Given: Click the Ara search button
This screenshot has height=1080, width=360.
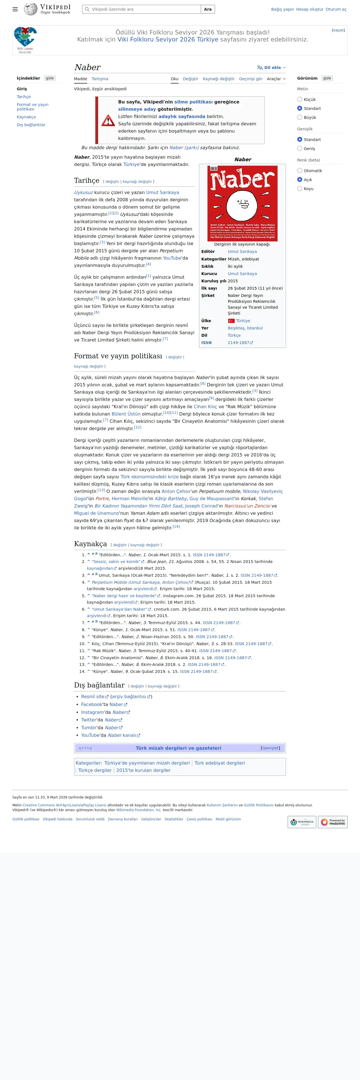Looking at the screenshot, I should click(x=207, y=9).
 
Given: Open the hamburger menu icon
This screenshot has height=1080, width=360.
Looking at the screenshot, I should click(x=15, y=9).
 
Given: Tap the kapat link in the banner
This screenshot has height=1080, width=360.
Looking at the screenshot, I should click(x=338, y=30).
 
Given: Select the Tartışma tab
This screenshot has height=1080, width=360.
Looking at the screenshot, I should click(x=100, y=79).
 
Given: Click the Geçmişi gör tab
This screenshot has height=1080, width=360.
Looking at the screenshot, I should click(x=250, y=79).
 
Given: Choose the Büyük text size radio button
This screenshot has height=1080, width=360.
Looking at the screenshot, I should click(x=300, y=117).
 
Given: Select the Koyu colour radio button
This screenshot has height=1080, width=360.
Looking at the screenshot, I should click(x=300, y=189).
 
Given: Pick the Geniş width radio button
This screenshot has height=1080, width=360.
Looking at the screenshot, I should click(x=300, y=148).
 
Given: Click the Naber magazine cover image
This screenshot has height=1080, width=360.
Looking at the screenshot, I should click(x=242, y=203).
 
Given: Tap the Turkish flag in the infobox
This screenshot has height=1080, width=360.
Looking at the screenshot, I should click(x=231, y=321).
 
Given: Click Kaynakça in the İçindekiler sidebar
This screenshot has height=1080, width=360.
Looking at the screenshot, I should click(x=26, y=117).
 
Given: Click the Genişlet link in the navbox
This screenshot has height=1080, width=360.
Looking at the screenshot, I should click(x=270, y=748).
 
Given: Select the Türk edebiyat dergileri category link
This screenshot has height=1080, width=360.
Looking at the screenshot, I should click(x=219, y=763).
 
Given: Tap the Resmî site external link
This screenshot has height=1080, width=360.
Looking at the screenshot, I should click(x=93, y=697).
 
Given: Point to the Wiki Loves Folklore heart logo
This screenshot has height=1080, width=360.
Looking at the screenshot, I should click(x=25, y=38).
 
